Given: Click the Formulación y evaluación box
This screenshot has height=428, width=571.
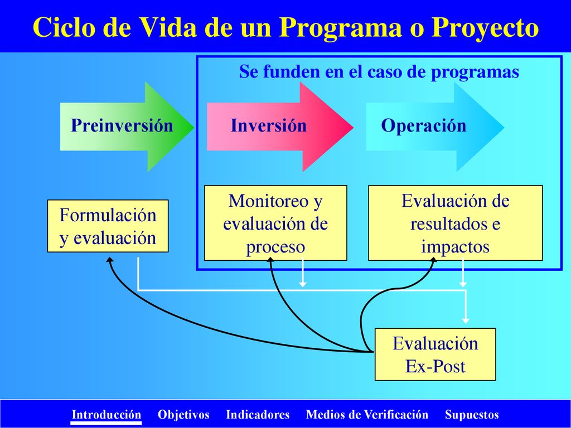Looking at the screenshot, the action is pos(108,226).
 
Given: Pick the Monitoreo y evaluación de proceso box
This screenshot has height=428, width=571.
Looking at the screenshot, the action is pos(275,223).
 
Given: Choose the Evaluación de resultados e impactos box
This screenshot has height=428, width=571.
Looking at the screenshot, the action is pos(455,223).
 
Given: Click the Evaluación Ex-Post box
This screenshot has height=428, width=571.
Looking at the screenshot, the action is pos(435,354).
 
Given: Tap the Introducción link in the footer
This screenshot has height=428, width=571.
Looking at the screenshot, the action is pos(106,415).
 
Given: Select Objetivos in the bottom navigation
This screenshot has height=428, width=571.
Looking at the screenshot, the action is pos(183,415).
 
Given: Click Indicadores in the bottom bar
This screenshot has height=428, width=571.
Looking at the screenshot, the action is pos(258,415).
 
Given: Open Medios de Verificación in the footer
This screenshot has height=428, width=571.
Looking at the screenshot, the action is pos(367,415).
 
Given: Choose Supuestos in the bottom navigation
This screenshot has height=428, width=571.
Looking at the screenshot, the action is pos(472,415).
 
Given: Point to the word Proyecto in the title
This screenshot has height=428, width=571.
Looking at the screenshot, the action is pos(485,28).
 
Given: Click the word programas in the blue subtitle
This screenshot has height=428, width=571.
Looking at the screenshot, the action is pos(475,72).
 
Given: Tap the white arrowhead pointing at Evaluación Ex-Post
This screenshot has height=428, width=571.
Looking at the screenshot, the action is pos(466,320).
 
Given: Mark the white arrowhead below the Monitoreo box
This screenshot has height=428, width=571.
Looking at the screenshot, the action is pos(302,283).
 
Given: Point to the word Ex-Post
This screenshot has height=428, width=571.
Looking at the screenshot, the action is pos(435,366).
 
